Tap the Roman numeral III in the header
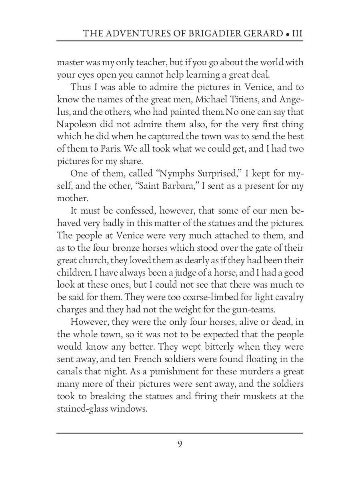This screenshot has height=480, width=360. tap(297, 33)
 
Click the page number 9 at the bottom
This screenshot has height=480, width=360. tap(180, 444)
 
